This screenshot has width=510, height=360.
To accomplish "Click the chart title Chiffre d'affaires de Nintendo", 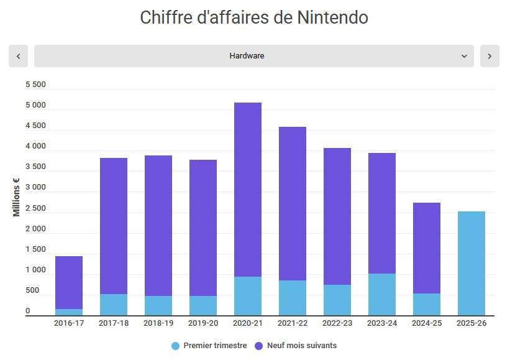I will tap(254, 17).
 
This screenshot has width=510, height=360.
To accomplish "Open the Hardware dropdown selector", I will tap(253, 56).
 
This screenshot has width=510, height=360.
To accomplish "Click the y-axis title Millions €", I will tap(17, 198).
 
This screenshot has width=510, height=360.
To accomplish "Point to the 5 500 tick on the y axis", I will tap(35, 85).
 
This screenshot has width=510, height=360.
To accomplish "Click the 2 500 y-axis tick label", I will tap(35, 208).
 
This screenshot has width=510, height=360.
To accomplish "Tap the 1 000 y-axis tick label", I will tap(35, 270).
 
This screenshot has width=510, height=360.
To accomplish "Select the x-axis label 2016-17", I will tap(69, 323).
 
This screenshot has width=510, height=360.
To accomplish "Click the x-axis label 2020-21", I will tap(248, 323).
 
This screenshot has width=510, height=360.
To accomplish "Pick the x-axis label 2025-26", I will tap(471, 323).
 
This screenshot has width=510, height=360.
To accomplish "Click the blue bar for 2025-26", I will tap(471, 264).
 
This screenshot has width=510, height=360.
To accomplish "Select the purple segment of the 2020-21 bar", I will tap(248, 190).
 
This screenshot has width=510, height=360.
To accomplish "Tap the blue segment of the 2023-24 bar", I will tap(382, 295).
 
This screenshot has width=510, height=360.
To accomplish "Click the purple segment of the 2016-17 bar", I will tap(69, 282).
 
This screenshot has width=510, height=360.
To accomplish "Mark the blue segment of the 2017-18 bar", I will tap(114, 305).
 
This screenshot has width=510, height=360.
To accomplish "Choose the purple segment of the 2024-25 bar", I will tap(427, 248).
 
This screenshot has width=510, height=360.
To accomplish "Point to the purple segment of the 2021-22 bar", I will tap(293, 203).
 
